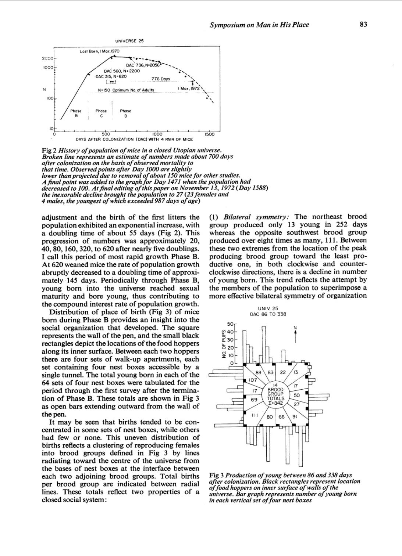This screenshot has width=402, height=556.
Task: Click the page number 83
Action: point(363,25)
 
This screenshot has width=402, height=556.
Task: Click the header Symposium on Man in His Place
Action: point(259,25)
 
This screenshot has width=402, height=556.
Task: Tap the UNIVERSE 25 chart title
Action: point(129,41)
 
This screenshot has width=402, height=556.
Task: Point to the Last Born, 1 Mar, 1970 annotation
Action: point(99,51)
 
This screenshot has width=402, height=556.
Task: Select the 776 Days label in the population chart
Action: point(161,79)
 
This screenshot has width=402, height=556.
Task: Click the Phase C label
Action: point(101,113)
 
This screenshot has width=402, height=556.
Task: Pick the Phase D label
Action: point(125,113)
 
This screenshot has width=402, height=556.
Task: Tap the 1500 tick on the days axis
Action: point(209,135)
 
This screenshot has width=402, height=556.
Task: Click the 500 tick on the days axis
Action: point(106,135)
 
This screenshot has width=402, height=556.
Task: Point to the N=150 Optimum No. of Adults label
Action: point(126,90)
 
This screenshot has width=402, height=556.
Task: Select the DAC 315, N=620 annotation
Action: point(111,76)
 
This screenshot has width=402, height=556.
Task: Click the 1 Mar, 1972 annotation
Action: point(188,89)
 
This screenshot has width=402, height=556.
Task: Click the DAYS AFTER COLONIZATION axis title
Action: point(134,140)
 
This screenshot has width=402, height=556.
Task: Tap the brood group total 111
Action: point(254,415)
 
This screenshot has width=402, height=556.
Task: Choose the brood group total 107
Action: point(253,380)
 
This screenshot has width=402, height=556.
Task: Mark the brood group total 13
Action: point(295,372)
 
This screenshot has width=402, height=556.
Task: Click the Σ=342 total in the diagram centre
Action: point(275,402)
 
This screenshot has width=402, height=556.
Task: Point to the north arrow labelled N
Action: point(295,333)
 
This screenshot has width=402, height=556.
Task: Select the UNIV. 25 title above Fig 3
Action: point(268,308)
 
